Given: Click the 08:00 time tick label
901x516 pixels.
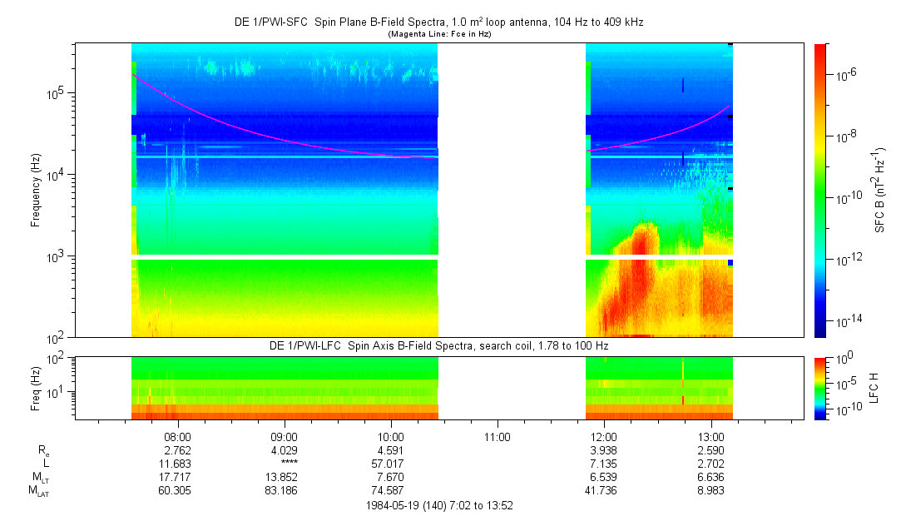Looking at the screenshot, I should click(x=177, y=435).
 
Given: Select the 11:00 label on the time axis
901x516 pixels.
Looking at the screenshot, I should click(x=497, y=435).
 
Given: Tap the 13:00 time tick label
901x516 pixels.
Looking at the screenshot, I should click(x=710, y=435).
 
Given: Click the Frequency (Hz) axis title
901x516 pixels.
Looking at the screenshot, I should click(x=36, y=190).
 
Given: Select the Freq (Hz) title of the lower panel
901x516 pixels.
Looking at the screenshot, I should click(x=36, y=388).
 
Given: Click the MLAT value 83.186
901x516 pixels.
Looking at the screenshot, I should click(x=284, y=489).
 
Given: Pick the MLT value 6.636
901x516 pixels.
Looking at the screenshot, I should click(x=710, y=476).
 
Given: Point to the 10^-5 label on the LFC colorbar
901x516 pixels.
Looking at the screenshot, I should click(x=842, y=384).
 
